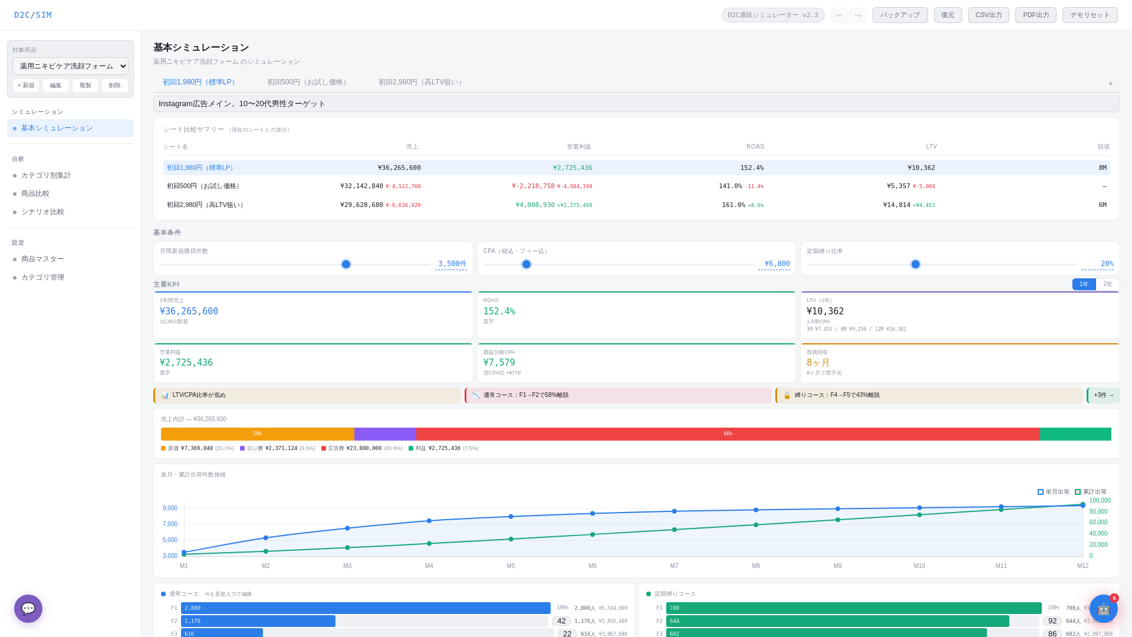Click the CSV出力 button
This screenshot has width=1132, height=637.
(988, 15)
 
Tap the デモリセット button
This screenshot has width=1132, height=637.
(1090, 15)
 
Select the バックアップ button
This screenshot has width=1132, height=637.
(900, 15)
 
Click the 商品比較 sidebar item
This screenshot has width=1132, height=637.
(35, 194)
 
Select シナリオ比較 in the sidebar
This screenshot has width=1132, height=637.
(42, 212)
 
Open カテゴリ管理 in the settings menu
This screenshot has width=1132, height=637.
(42, 278)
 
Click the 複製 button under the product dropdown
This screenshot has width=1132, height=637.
(85, 86)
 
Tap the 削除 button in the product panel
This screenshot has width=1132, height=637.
(115, 86)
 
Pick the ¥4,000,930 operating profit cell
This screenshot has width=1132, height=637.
(535, 205)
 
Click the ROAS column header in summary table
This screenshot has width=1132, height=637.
(755, 147)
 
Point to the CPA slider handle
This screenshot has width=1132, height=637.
(526, 264)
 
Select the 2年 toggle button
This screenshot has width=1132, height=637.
(1108, 284)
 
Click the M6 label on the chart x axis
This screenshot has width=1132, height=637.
(593, 566)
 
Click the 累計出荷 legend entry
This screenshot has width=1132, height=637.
(1091, 492)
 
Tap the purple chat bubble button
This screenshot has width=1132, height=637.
(28, 609)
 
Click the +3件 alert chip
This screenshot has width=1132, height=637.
(1103, 395)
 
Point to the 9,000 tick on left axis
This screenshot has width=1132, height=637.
(170, 508)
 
